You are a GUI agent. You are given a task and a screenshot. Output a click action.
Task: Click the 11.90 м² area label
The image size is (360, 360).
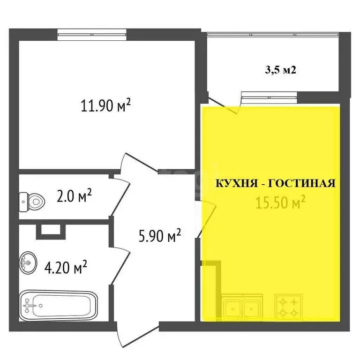[x=105, y=106]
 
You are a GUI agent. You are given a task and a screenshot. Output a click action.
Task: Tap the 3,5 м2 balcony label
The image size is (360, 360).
[x=280, y=71]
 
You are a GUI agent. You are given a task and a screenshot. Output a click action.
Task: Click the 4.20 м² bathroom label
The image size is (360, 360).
[x=66, y=268]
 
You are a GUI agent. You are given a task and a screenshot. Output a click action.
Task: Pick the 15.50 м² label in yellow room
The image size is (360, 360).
[x=281, y=202]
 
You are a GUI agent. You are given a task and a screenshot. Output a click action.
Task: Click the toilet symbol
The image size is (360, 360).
[x=32, y=202]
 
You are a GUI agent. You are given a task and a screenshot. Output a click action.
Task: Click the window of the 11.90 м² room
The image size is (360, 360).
[x=92, y=32]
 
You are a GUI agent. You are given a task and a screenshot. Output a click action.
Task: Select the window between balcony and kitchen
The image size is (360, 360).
[x=269, y=97]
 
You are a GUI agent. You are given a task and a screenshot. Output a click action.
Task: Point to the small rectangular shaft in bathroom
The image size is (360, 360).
[x=48, y=229]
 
